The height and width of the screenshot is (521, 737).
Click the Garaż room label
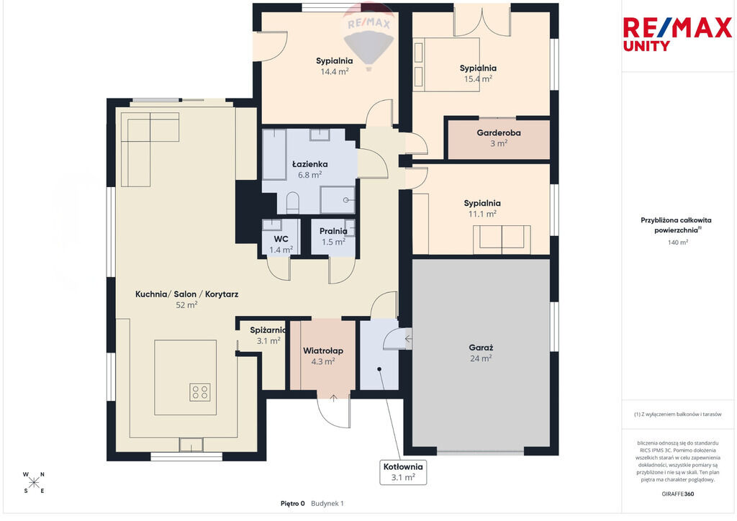tap(481, 348)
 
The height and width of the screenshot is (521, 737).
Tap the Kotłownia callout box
tap(403, 472)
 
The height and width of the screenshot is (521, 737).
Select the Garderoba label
tap(499, 133)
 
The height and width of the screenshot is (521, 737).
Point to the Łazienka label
tap(309, 164)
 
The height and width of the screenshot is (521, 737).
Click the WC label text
tap(281, 239)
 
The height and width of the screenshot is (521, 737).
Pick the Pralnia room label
tap(333, 231)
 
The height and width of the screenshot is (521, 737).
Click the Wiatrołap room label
tap(323, 350)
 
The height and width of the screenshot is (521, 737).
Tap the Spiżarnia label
tap(268, 330)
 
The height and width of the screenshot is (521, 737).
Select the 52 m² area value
tap(186, 305)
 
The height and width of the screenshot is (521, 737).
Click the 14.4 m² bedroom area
tap(335, 71)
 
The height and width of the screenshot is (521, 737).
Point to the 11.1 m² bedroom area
tap(482, 214)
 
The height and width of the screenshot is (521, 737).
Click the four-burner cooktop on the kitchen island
tap(200, 392)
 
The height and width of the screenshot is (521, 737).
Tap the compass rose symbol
tap(34, 482)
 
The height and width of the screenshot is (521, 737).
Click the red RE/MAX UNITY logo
tap(677, 34)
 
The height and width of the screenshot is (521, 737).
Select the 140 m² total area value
tap(678, 243)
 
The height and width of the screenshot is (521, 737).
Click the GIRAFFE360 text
tap(678, 494)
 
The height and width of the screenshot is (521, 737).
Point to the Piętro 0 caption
tap(292, 504)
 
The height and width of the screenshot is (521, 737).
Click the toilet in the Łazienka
tap(293, 202)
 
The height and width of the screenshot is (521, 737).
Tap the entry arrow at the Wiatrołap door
tap(333, 399)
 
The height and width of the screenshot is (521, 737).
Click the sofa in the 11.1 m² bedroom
tap(502, 237)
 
